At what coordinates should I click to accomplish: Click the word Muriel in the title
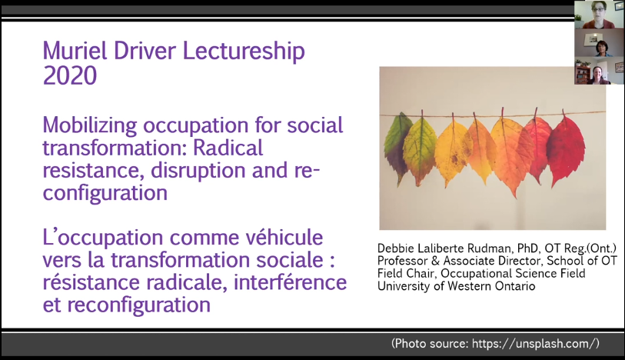point(75,51)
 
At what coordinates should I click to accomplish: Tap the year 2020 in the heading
point(70,75)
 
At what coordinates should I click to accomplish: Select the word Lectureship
point(244,52)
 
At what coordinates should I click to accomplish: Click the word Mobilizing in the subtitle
point(90,125)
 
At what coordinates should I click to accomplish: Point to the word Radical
point(228,148)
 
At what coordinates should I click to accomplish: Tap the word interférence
point(290,282)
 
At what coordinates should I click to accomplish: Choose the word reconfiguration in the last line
point(138,305)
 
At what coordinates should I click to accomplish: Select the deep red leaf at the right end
point(566,150)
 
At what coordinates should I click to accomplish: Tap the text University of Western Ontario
point(456,286)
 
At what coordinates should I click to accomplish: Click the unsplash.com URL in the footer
point(535,344)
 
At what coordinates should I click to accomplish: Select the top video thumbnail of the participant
point(599,15)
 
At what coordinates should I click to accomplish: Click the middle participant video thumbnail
point(599,42)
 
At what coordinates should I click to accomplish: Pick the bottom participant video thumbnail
point(599,71)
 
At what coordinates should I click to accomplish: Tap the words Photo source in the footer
point(431,344)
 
